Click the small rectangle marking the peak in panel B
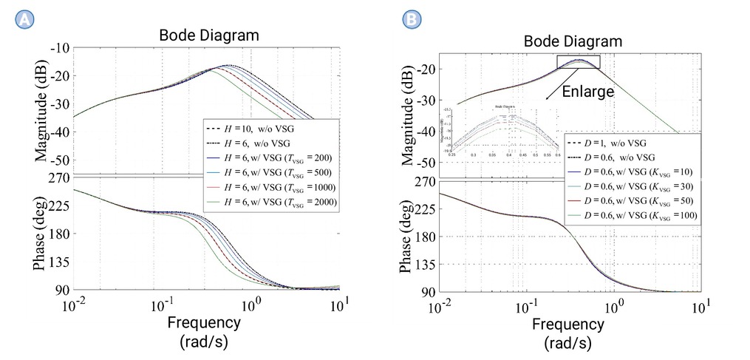click(x=579, y=62)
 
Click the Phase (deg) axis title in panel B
click(x=408, y=236)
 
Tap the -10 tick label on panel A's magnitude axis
click(x=60, y=49)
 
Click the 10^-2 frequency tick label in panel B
click(x=441, y=305)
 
